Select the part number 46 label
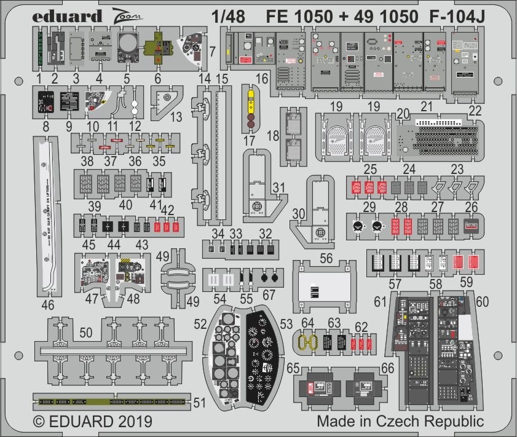pos(48,305)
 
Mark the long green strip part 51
pos(111,402)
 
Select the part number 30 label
pos(299,213)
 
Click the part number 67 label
pos(269,296)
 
